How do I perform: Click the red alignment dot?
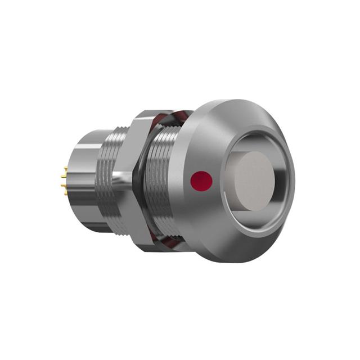(202, 181)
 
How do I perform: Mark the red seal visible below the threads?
(169, 244)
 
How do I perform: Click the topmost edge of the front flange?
(236, 101)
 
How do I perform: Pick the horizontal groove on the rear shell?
(84, 147)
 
